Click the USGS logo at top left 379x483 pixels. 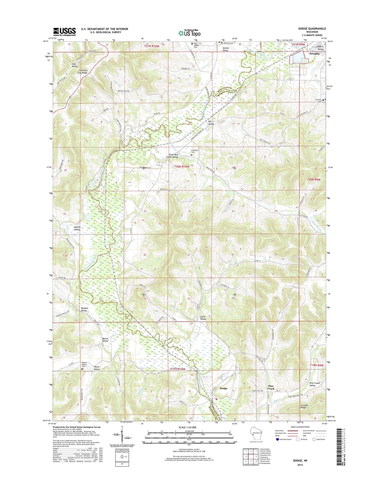65,32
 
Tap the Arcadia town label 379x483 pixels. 314,53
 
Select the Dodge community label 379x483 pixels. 223,388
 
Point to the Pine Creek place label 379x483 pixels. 271,387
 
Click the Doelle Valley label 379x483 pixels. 77,228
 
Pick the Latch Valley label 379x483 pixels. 203,318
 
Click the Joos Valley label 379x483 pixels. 75,65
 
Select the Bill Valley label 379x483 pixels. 211,123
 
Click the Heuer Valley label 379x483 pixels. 97,368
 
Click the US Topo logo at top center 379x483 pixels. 189,33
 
